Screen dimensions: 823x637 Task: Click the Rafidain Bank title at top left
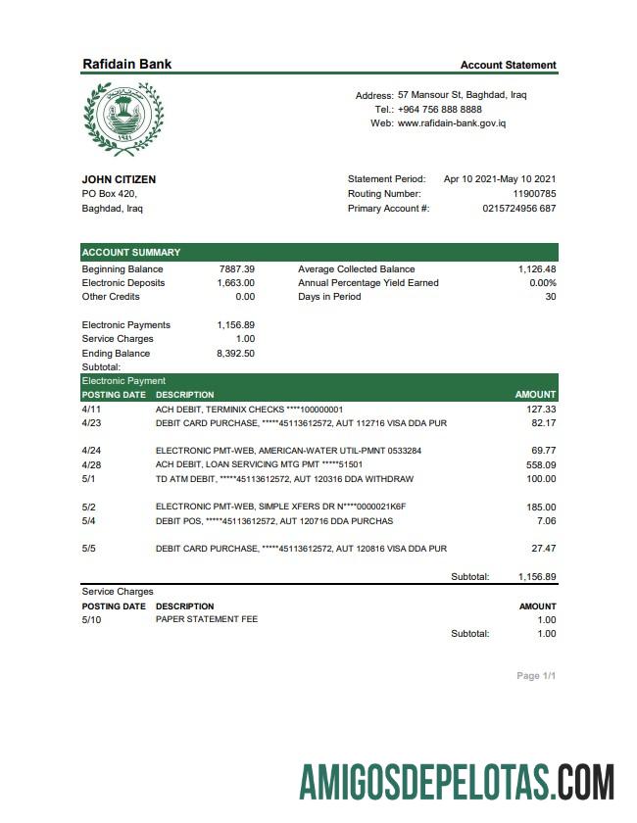coord(126,64)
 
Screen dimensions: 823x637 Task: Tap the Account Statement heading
coord(508,65)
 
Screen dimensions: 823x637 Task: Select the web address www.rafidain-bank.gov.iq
coord(452,123)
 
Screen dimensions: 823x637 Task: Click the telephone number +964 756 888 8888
coord(440,110)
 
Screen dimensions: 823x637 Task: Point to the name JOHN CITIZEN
coord(119,179)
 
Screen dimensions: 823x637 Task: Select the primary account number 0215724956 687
coord(519,209)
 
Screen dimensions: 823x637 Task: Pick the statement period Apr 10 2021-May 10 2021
coord(500,179)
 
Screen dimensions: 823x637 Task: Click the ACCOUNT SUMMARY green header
coord(131,252)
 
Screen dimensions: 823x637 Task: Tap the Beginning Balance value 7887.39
coord(236,268)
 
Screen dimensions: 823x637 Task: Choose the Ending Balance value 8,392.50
coord(235,353)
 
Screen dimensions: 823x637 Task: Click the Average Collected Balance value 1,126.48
coord(537,268)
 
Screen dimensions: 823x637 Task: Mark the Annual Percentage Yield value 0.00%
coord(542,282)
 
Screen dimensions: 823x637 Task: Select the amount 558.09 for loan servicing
coord(541,464)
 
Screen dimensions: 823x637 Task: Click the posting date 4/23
coord(91,422)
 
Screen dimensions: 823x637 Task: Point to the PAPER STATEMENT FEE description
coord(207,619)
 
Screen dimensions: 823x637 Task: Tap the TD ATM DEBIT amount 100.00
coord(540,478)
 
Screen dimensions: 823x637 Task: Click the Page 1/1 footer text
coord(536,676)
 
